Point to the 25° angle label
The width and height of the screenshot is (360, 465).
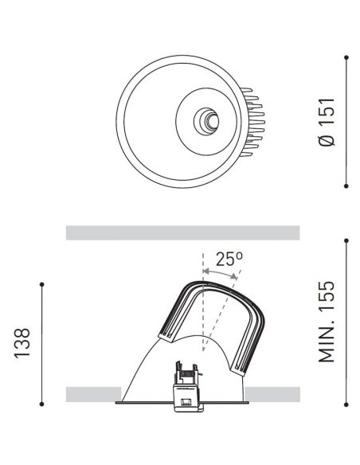[229, 259]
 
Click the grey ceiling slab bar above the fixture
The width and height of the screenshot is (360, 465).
[182, 232]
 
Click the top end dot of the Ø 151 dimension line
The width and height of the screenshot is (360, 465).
[347, 57]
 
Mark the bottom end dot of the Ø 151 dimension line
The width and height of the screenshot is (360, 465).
[347, 185]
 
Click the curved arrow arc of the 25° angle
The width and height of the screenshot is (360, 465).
[219, 272]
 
